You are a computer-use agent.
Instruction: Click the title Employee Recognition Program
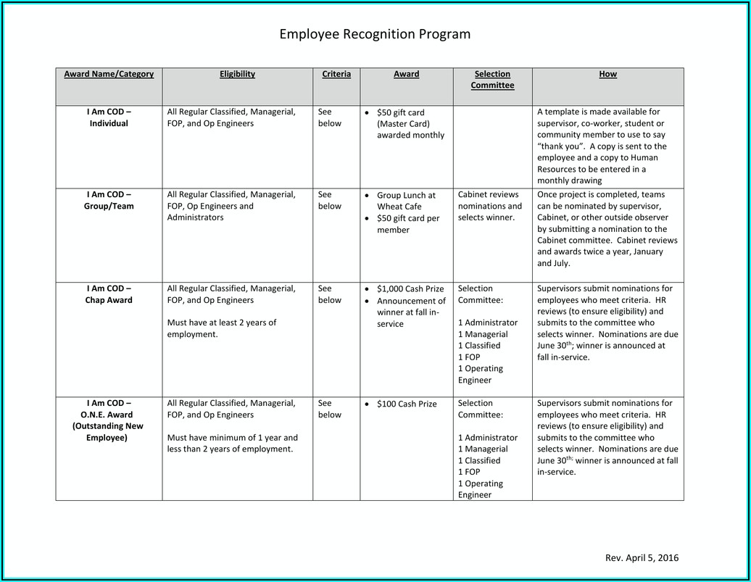pyautogui.click(x=375, y=34)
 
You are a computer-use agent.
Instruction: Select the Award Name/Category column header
pyautogui.click(x=109, y=74)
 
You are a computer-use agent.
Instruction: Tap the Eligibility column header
pyautogui.click(x=237, y=74)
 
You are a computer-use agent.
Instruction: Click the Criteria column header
pyautogui.click(x=336, y=74)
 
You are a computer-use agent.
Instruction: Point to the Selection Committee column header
pyautogui.click(x=492, y=80)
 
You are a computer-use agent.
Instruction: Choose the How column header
pyautogui.click(x=607, y=74)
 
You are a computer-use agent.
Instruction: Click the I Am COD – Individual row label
pyautogui.click(x=109, y=118)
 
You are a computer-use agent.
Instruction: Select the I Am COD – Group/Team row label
pyautogui.click(x=109, y=201)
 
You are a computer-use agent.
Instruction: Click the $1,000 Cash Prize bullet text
pyautogui.click(x=410, y=289)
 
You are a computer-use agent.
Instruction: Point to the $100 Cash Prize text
pyautogui.click(x=407, y=404)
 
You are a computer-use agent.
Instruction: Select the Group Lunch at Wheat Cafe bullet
pyautogui.click(x=406, y=201)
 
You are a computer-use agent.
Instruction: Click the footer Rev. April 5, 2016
pyautogui.click(x=642, y=557)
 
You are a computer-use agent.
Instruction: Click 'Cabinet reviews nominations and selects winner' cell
pyautogui.click(x=489, y=206)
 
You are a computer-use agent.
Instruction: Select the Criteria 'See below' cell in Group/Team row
pyautogui.click(x=329, y=201)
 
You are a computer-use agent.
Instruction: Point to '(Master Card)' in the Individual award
pyautogui.click(x=401, y=124)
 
